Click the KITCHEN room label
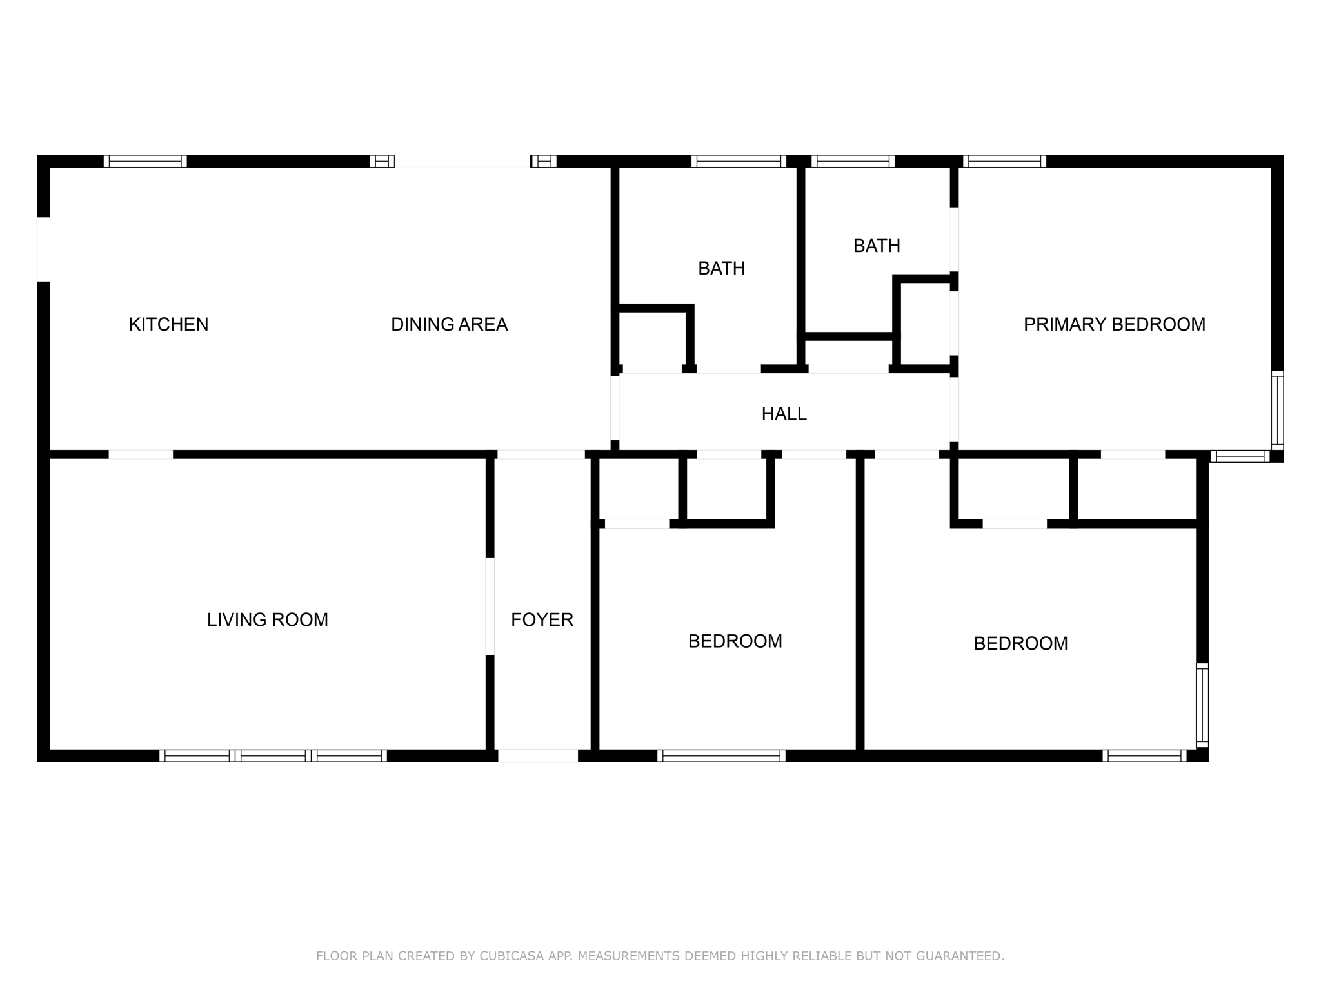tap(168, 324)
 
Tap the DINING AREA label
tap(449, 324)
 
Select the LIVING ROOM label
tap(267, 619)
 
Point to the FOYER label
tap(542, 619)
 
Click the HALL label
tap(784, 414)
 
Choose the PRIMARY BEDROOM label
tap(1114, 324)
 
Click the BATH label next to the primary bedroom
tap(877, 246)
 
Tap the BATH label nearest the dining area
tap(721, 268)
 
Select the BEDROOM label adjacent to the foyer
tap(735, 641)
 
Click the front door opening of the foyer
tap(538, 755)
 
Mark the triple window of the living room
tap(273, 755)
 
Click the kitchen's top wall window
tap(145, 161)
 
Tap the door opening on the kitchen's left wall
tap(43, 249)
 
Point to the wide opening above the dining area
tap(462, 161)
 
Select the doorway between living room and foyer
tap(490, 606)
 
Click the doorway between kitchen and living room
tap(141, 454)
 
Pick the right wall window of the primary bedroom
tap(1276, 410)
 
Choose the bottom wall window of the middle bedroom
tap(721, 755)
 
